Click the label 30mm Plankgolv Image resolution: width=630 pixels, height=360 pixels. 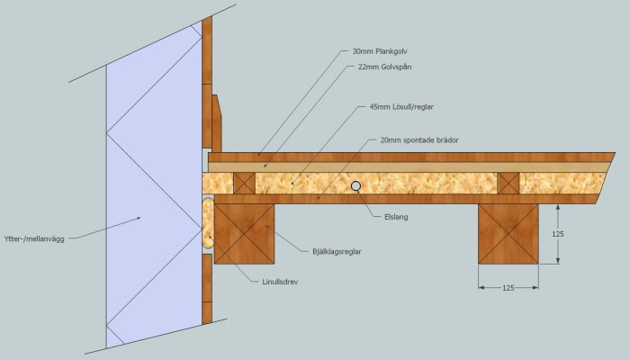[x=380, y=51]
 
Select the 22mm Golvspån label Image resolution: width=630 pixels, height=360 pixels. [x=384, y=67]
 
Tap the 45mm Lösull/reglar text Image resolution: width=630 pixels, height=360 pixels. [x=401, y=107]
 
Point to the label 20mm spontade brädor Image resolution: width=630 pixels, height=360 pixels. [x=419, y=140]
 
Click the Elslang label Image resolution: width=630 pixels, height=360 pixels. [x=396, y=217]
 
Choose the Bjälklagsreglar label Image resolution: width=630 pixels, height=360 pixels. [x=337, y=252]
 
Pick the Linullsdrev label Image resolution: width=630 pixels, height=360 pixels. [x=280, y=282]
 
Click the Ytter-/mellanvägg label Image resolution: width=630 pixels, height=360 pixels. [x=34, y=239]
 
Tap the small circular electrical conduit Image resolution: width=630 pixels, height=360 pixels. [x=355, y=185]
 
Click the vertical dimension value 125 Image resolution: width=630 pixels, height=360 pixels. [x=558, y=234]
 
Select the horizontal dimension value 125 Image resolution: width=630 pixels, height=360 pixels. [x=508, y=288]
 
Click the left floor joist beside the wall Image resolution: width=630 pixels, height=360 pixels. [x=244, y=234]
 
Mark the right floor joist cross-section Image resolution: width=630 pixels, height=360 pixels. [x=508, y=234]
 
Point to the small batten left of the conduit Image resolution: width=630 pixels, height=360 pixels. [x=244, y=184]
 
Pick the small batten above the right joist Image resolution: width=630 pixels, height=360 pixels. [x=508, y=184]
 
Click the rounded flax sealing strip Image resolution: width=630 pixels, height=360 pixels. [x=208, y=222]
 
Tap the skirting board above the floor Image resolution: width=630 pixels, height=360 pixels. [x=217, y=123]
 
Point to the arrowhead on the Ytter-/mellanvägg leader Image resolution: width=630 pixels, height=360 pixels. [x=138, y=218]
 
